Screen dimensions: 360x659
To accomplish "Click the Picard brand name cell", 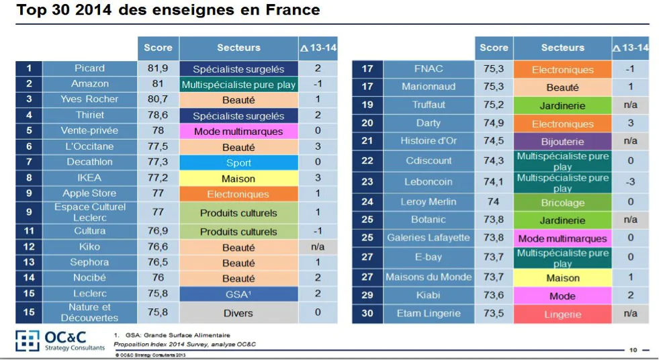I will point(89,69).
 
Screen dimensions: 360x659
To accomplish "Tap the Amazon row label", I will point(89,84).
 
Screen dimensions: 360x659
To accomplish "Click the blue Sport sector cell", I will point(238,163).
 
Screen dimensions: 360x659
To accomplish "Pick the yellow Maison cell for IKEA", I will point(238,179).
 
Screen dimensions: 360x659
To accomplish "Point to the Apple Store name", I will point(89,193).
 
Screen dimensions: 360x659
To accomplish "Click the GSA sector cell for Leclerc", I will point(238,294).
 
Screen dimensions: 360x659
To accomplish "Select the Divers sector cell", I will point(238,312).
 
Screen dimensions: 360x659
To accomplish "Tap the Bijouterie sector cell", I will point(562,142).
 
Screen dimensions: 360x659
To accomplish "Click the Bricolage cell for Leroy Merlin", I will point(562,203).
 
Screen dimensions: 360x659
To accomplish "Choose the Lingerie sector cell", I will point(562,314).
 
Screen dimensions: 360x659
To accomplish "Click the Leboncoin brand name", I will point(428,182).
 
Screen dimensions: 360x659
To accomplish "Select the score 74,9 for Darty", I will point(494,124).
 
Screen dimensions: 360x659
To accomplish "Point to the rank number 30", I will point(367,314).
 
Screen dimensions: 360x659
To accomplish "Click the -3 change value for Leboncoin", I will point(630,182).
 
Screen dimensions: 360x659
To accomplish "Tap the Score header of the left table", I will point(158,48).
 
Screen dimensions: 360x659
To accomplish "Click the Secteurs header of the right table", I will point(562,48).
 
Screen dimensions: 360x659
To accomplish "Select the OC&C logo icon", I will point(28,341).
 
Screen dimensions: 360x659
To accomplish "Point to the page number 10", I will point(633,350).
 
